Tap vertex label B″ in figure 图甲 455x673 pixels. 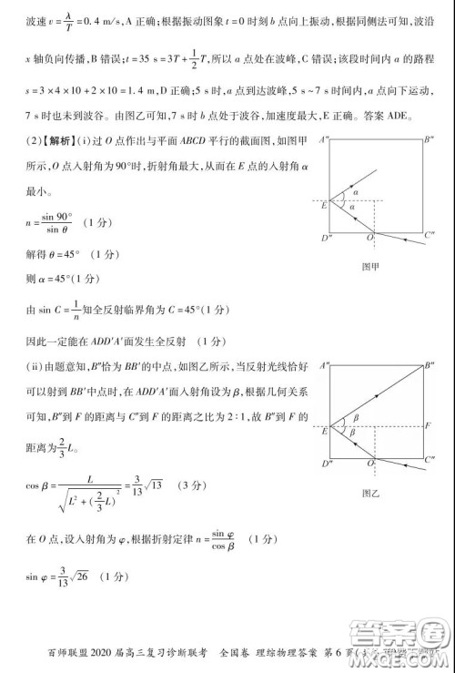429,139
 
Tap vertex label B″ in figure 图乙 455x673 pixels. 430,365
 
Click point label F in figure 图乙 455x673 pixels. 429,425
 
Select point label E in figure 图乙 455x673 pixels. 324,430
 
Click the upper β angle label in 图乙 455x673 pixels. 355,417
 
